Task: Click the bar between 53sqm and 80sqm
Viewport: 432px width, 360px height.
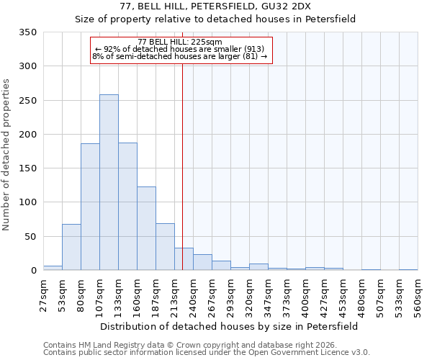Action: point(71,247)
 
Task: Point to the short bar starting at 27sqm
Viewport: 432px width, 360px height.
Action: point(53,268)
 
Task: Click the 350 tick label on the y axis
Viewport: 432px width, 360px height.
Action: point(27,32)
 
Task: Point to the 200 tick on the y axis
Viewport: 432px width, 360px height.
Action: point(27,135)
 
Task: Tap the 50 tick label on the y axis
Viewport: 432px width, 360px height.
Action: point(30,237)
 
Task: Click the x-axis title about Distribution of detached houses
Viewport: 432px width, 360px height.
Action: point(230,326)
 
